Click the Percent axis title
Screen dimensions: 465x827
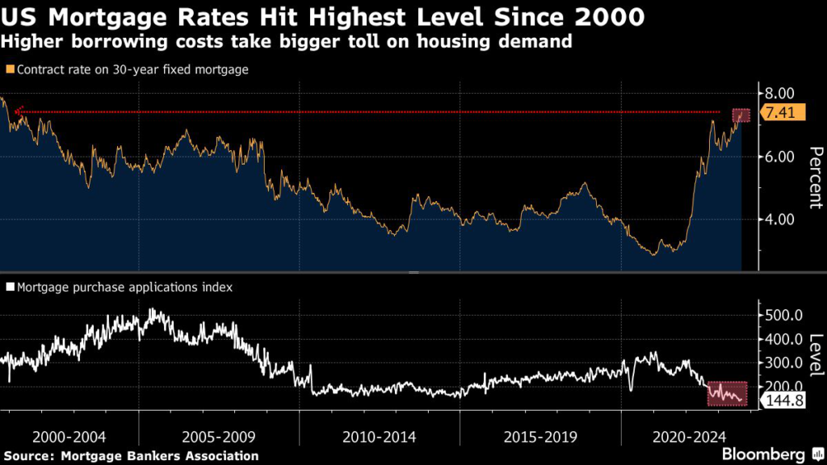tap(815, 178)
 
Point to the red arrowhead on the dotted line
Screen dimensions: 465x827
tap(18, 112)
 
